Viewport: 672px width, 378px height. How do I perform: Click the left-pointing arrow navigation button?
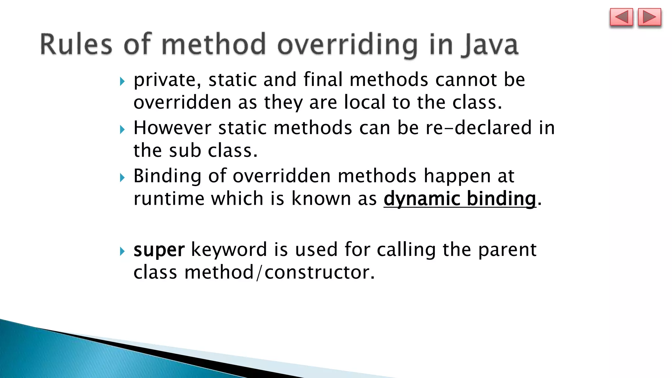click(x=621, y=17)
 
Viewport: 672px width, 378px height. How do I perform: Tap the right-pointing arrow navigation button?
click(x=649, y=17)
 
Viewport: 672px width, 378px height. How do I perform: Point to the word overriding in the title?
click(x=347, y=45)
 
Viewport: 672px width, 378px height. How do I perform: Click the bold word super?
click(x=159, y=250)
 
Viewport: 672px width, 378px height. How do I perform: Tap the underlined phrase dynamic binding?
click(x=460, y=199)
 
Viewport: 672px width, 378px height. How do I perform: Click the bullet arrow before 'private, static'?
click(x=122, y=81)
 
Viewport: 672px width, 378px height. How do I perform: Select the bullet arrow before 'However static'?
click(x=122, y=129)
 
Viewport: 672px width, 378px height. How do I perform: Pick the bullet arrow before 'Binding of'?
click(x=122, y=178)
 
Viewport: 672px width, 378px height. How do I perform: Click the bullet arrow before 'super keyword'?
click(x=122, y=251)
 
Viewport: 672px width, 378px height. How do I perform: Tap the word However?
click(x=172, y=128)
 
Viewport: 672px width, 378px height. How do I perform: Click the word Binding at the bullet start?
click(x=167, y=176)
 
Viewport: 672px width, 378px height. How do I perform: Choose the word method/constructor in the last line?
click(x=279, y=272)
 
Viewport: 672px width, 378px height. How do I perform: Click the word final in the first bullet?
click(x=323, y=80)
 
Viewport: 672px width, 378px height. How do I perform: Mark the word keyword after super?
click(x=229, y=250)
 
